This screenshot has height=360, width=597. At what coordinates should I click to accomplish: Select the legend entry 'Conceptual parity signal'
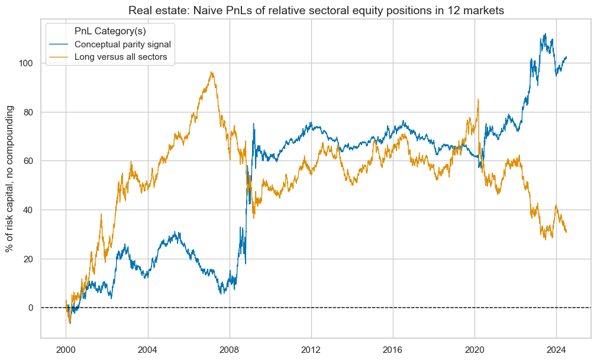point(123,44)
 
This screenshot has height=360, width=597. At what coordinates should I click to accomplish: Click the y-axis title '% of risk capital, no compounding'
point(10,178)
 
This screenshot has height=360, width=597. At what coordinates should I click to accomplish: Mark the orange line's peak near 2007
point(211,72)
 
